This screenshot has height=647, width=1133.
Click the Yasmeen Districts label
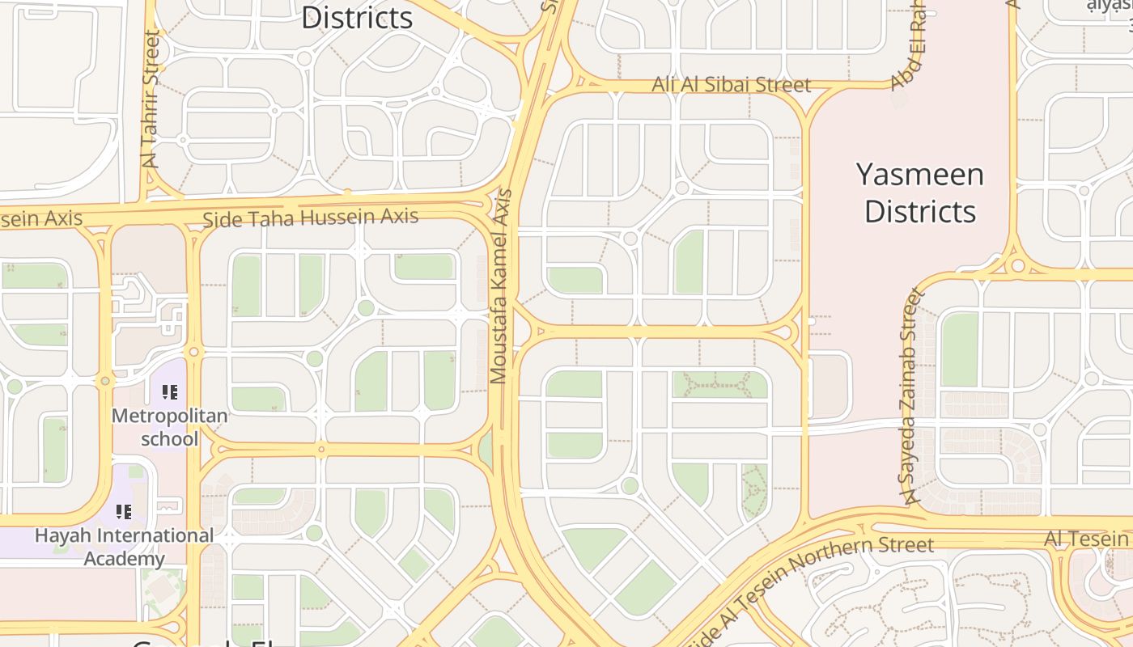[x=920, y=192]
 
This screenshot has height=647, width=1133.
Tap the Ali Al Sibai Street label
[x=731, y=85]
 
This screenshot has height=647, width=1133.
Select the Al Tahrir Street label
[x=151, y=99]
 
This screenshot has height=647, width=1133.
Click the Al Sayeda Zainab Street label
[x=911, y=396]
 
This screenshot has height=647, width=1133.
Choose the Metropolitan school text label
[x=169, y=427]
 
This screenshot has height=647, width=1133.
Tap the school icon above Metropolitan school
[x=169, y=392]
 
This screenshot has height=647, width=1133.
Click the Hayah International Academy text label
[x=124, y=547]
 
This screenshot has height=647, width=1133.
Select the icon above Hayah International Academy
[x=123, y=511]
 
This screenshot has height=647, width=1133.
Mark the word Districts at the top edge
[x=357, y=17]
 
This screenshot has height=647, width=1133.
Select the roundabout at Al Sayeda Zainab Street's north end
[x=1017, y=265]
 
